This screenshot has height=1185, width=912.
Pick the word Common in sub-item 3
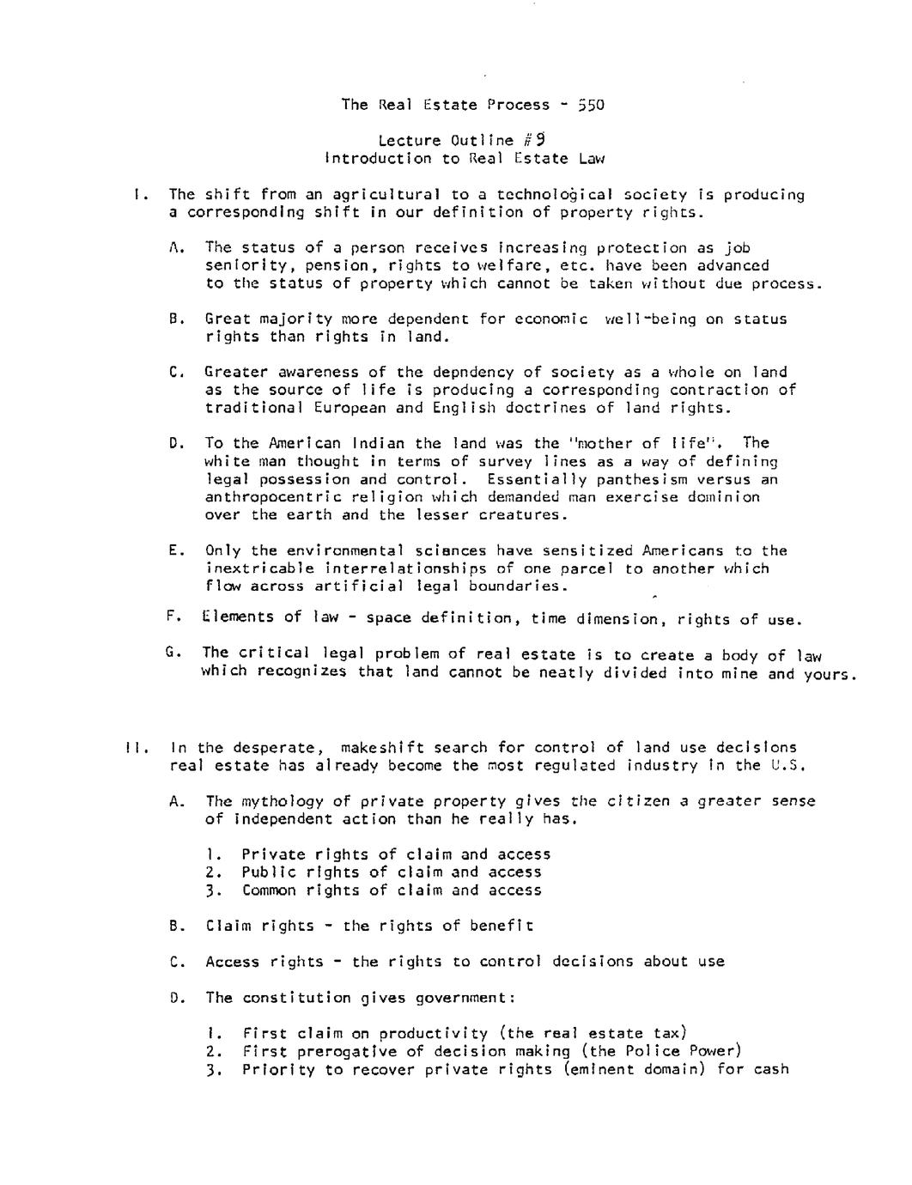(270, 890)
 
